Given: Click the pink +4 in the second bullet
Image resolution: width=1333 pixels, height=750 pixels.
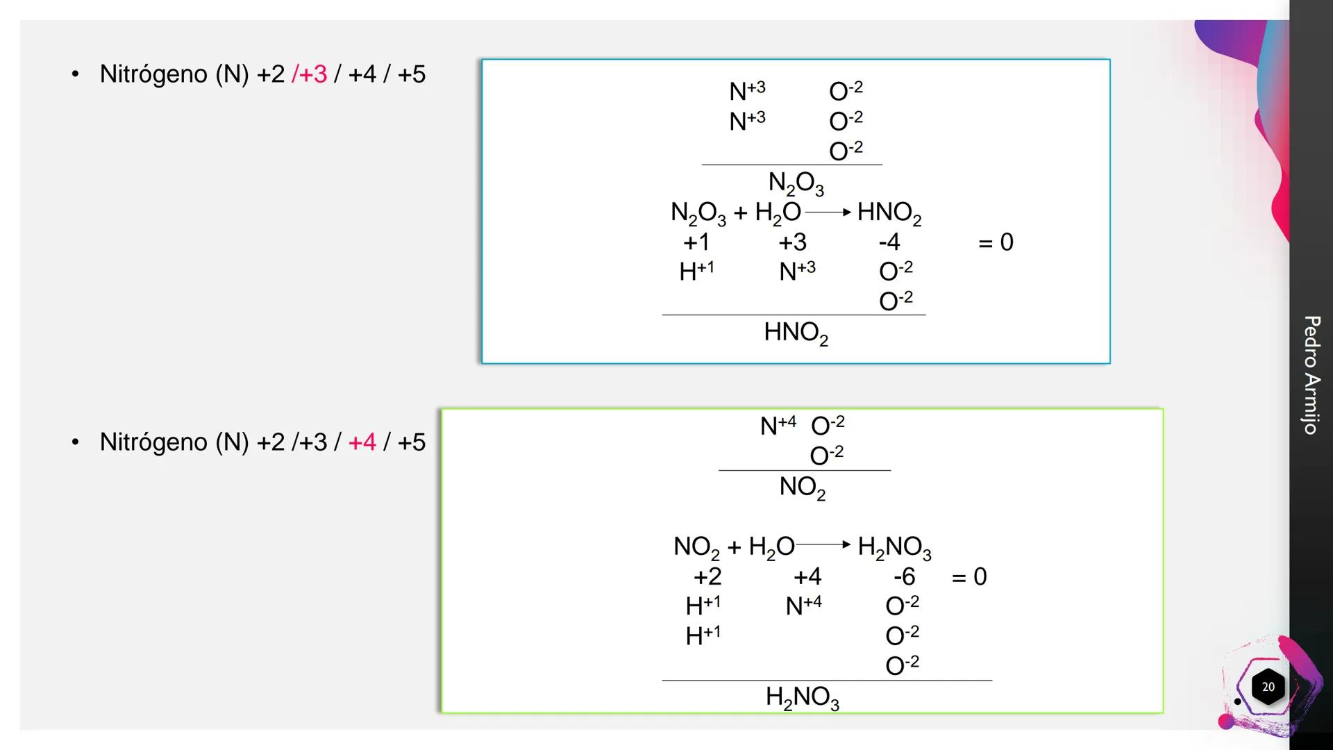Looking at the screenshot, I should pyautogui.click(x=362, y=442).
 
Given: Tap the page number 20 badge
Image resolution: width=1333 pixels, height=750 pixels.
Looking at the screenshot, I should pyautogui.click(x=1268, y=687).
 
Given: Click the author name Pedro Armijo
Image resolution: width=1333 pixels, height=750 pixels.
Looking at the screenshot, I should pyautogui.click(x=1311, y=375).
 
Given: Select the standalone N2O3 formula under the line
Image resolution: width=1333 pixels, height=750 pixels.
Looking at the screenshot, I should pyautogui.click(x=796, y=183).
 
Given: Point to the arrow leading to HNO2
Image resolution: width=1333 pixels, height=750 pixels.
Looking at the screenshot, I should pyautogui.click(x=828, y=212).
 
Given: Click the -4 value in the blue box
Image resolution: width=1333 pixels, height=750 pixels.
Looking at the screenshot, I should pyautogui.click(x=889, y=242).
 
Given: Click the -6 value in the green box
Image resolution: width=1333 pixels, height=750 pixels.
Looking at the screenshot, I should pyautogui.click(x=905, y=576).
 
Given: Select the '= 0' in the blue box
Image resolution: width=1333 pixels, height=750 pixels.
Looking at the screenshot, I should pyautogui.click(x=996, y=242).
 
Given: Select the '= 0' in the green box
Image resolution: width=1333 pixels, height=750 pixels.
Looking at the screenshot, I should pyautogui.click(x=969, y=576).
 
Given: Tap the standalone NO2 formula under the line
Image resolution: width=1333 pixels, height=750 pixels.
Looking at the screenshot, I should pyautogui.click(x=803, y=487).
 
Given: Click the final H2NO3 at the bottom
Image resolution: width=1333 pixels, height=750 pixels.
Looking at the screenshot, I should pyautogui.click(x=803, y=697).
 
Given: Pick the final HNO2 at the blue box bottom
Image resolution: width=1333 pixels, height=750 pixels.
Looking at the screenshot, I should pyautogui.click(x=796, y=333).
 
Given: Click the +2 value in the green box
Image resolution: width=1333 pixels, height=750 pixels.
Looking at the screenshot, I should pyautogui.click(x=707, y=576).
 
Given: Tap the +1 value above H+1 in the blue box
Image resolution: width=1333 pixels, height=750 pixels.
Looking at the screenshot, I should pyautogui.click(x=696, y=242).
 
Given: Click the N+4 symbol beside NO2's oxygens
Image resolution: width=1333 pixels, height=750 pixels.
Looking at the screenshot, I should pyautogui.click(x=778, y=425).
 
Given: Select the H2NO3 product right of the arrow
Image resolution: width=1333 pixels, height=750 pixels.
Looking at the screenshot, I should pyautogui.click(x=894, y=547).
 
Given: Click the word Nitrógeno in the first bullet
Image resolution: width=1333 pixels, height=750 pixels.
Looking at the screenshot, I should pyautogui.click(x=153, y=74).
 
